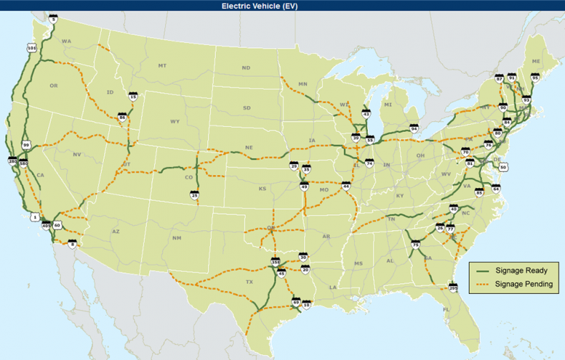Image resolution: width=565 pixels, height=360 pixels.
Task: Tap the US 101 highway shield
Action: click(32, 48)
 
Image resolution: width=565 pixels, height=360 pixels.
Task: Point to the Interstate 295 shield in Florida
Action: click(453, 288)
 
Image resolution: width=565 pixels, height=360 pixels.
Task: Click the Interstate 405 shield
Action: click(47, 225)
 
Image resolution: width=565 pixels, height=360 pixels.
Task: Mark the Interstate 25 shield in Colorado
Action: click(194, 194)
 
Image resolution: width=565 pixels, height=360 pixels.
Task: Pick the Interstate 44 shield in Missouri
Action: click(346, 186)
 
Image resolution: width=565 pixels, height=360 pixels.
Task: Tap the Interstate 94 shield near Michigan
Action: click(414, 128)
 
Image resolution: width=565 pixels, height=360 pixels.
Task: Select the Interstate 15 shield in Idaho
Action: click(133, 96)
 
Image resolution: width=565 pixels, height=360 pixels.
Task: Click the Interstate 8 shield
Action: click(72, 244)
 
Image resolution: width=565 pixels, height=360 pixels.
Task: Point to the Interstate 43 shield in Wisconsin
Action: click(366, 113)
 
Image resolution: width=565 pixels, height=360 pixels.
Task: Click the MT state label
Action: click(162, 65)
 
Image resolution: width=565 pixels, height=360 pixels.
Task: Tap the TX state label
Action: click(250, 283)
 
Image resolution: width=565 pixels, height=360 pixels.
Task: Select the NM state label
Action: click(176, 237)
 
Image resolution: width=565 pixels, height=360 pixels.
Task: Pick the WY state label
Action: click(174, 121)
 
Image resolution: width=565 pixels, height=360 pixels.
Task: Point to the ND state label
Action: click(246, 68)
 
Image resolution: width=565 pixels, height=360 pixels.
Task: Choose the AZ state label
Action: click(115, 232)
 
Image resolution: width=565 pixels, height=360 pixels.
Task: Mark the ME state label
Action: click(536, 62)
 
